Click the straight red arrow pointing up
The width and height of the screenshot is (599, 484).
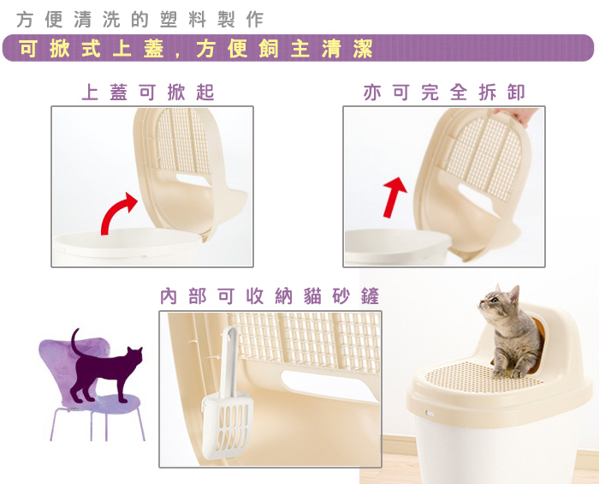point(394,197)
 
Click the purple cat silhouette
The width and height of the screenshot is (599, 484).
point(106,367)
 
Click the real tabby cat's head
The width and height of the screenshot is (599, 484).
point(499,302)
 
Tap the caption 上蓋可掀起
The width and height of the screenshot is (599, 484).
point(148,93)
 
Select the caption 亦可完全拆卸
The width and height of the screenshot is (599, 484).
point(444,93)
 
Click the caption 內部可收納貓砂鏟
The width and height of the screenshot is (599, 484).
point(270,296)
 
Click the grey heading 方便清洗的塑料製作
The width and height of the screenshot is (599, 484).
point(140,20)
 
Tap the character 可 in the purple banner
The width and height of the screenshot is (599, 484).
point(28,49)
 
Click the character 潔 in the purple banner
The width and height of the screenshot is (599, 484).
point(363,49)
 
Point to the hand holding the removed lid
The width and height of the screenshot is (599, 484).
point(516,116)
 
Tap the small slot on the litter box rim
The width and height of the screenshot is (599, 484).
point(430,414)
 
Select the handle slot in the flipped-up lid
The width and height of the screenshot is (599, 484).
point(193,180)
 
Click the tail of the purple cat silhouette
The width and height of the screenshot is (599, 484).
point(76,341)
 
